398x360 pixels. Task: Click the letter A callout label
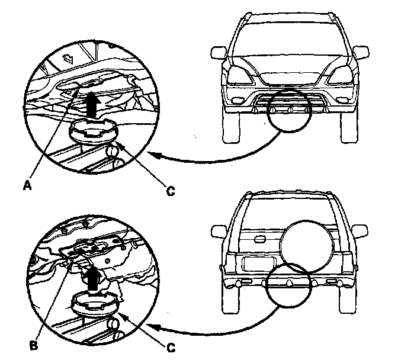coord(26,185)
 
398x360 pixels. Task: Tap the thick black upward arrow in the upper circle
coord(91,107)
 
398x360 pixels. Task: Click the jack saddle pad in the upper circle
coord(92,128)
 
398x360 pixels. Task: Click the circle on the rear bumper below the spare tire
coord(288,285)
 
